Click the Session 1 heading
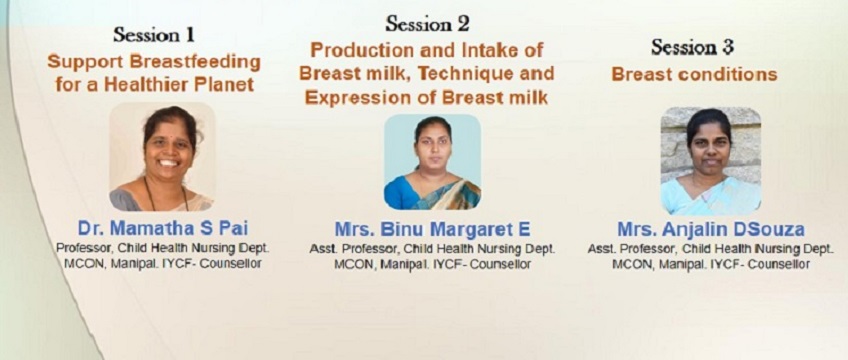point(154,35)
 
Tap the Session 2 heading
point(427,23)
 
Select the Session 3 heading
point(692,47)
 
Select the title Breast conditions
point(694,74)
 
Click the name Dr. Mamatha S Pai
point(163,228)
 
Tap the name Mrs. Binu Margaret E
point(432,229)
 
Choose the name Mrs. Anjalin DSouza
point(711,229)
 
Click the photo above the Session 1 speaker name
point(162,157)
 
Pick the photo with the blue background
point(432,162)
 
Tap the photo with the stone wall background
point(711,161)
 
